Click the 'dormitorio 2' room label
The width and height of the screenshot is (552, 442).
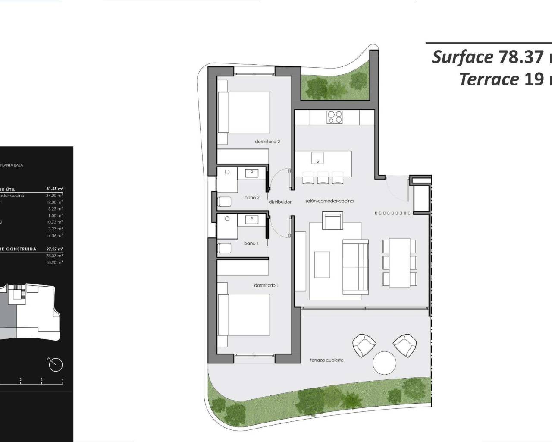click(x=267, y=142)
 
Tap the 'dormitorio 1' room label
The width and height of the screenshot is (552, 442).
click(x=266, y=285)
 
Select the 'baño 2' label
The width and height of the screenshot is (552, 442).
click(x=252, y=198)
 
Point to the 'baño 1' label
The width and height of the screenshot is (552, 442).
click(x=251, y=243)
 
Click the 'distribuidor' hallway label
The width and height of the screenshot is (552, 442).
click(x=280, y=202)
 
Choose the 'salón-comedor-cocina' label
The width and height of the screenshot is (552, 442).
click(x=329, y=201)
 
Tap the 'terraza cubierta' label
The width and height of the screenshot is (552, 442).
click(x=326, y=360)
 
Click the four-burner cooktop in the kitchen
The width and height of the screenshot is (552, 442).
click(x=334, y=117)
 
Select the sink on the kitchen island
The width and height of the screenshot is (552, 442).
click(x=318, y=157)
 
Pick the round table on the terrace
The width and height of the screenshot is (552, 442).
click(x=384, y=363)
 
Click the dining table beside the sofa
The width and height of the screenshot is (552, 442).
click(x=400, y=263)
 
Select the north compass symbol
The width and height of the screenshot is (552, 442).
click(x=56, y=365)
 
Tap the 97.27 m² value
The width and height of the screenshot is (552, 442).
click(x=54, y=249)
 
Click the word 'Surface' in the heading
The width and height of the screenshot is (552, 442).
click(x=462, y=57)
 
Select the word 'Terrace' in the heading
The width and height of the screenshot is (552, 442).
click(x=489, y=79)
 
